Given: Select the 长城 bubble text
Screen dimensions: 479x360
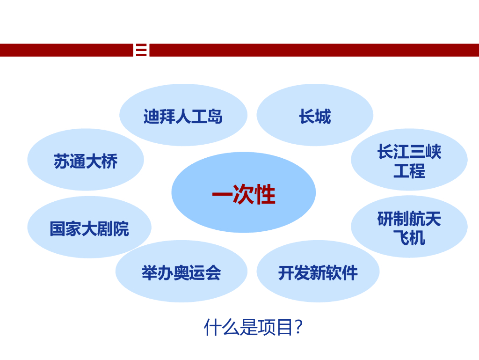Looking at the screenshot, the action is click(x=315, y=117).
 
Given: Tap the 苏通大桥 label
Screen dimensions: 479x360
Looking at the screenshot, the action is click(x=86, y=162).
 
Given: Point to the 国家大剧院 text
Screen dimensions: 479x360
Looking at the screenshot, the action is click(x=89, y=229).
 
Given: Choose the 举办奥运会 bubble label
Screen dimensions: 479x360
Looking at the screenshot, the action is click(x=181, y=272).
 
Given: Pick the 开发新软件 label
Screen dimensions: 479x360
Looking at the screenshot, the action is click(x=318, y=272).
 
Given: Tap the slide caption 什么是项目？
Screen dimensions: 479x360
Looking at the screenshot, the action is click(x=253, y=327).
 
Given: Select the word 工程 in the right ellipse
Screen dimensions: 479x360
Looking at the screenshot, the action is click(x=409, y=171).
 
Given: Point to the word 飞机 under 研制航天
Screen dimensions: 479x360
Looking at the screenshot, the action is click(x=409, y=238).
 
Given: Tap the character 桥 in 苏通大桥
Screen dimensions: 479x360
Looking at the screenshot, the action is click(x=109, y=162).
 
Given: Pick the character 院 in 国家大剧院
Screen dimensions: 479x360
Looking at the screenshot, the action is click(x=121, y=229).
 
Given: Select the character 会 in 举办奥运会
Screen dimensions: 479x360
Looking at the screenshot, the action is click(x=213, y=272).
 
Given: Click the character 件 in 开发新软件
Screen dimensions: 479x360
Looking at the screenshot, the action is click(x=349, y=272).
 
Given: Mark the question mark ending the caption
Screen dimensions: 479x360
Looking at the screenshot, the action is click(x=299, y=327).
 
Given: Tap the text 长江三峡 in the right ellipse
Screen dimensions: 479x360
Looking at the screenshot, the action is click(x=409, y=153).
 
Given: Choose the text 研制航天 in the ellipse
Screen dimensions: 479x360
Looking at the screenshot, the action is click(x=409, y=219).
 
